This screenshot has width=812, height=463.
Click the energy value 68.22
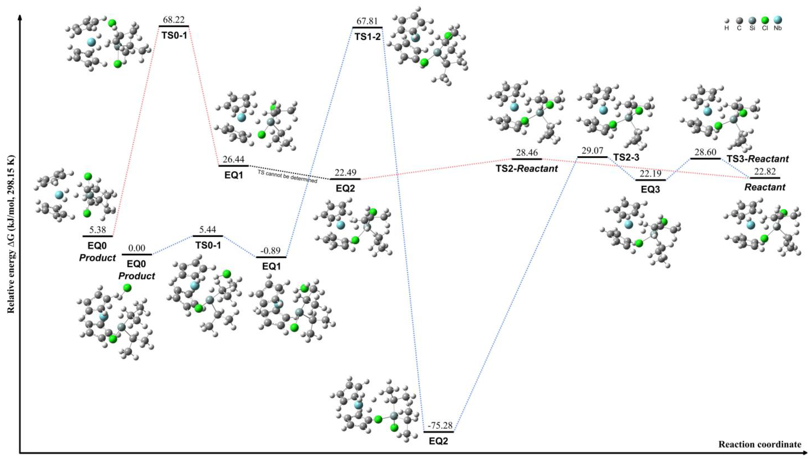[x=174, y=20]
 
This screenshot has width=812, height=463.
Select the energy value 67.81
[x=367, y=21]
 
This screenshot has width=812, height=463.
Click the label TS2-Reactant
[x=527, y=169]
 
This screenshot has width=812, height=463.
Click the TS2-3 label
[x=626, y=157]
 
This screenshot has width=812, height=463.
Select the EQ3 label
[x=650, y=190]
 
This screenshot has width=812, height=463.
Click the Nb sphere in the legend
[x=778, y=20]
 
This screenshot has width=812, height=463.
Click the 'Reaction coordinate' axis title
[x=759, y=444]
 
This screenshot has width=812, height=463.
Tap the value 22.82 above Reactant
[x=765, y=171]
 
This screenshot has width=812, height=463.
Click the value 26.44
[x=233, y=159]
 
